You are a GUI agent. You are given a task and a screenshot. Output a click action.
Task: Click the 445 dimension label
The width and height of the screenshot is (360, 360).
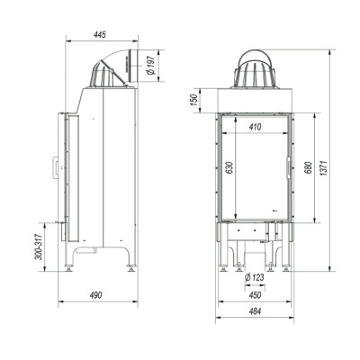[x=100, y=35]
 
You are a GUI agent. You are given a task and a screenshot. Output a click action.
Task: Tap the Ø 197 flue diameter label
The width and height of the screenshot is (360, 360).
[x=150, y=66]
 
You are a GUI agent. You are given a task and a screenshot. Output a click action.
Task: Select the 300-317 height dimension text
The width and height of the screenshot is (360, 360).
[x=39, y=247]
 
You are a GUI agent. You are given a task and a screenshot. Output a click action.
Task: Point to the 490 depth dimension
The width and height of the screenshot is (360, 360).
[x=96, y=295]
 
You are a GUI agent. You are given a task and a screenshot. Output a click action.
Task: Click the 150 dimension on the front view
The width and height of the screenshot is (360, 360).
[x=194, y=100]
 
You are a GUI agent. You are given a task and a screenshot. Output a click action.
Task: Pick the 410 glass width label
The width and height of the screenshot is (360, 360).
[x=256, y=127]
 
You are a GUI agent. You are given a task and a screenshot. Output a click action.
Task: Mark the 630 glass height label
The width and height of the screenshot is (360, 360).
[x=229, y=168]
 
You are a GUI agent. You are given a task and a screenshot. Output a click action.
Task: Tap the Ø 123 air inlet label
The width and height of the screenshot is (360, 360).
[x=255, y=277]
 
